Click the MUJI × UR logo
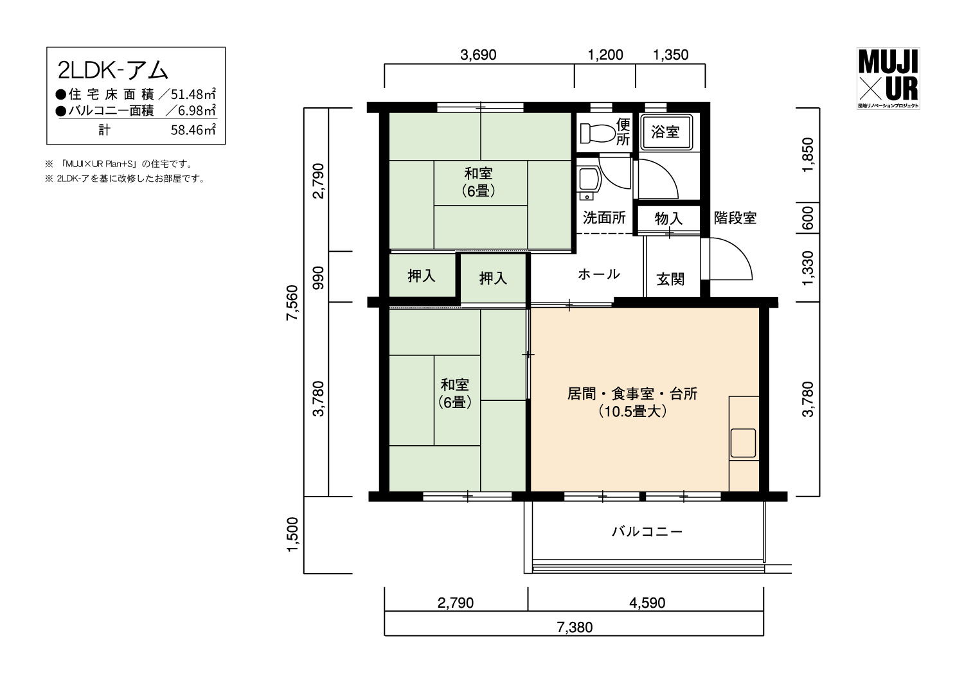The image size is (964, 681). tap(888, 78)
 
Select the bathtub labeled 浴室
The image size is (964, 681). tap(666, 132)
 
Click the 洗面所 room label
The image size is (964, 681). tap(604, 218)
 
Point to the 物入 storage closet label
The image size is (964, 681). tap(669, 218)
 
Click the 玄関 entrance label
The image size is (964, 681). tap(670, 279)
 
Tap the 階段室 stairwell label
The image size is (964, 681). tap(735, 218)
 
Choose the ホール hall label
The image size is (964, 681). tap(598, 274)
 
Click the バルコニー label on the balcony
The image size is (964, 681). tap(647, 532)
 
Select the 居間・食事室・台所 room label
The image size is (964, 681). tap(632, 394)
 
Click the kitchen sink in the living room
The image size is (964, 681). tap(743, 443)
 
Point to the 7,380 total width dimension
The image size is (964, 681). tap(575, 628)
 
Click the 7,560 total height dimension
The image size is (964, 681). tap(292, 303)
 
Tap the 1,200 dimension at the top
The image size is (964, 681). tap(605, 55)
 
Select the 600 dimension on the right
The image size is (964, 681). tap(808, 218)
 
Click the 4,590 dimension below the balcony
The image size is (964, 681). tap(647, 603)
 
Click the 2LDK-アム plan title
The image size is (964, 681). tap(112, 70)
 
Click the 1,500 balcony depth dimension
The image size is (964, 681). tap(292, 535)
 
